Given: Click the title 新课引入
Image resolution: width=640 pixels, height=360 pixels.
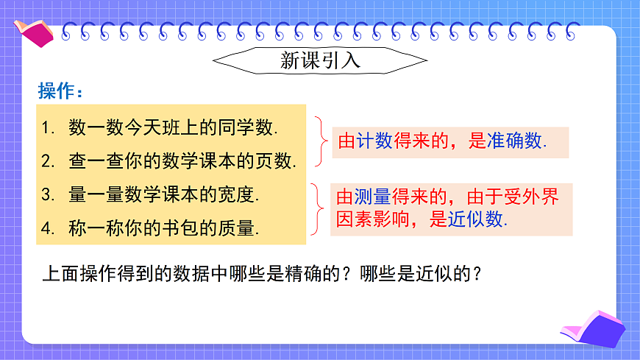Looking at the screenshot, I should coord(320,60).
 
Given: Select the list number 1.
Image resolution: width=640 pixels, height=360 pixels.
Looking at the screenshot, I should coord(48,128).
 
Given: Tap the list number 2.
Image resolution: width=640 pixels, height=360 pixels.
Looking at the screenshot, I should coord(48,161).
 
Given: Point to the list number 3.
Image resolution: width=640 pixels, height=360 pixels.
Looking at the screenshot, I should coord(48,195).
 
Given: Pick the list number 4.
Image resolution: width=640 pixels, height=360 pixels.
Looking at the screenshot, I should coord(48,228).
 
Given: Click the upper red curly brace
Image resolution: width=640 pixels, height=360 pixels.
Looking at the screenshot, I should coord(319,141).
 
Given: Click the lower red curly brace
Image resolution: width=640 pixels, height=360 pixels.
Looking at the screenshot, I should coord(318,209).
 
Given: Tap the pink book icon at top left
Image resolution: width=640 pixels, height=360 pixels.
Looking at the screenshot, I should coord(34,30).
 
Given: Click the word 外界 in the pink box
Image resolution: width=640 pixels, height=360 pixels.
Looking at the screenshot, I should coord(541,197).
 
